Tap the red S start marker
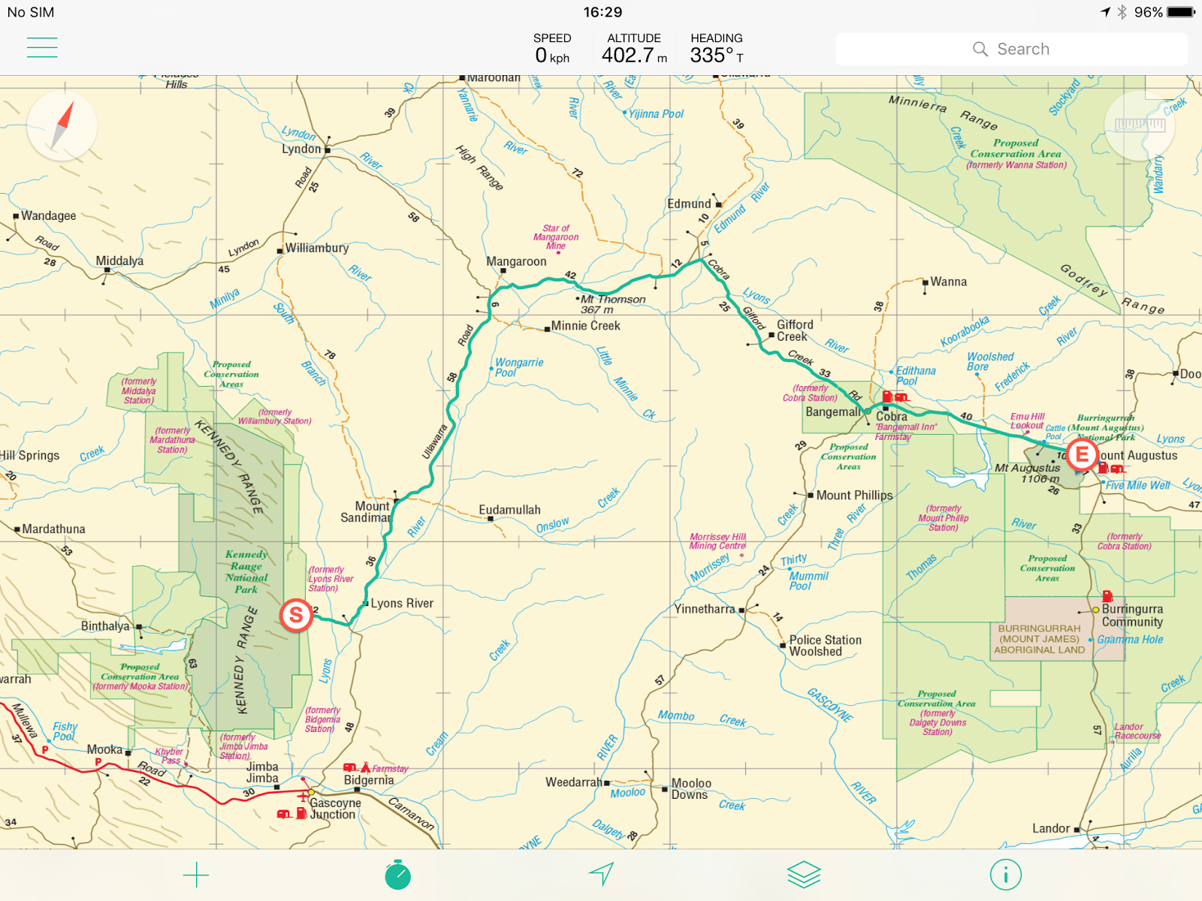pos(296,616)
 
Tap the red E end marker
pos(1082,454)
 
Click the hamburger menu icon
pos(42,47)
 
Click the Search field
pos(1011,49)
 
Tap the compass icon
pos(62,125)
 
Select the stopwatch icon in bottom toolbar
pos(397,875)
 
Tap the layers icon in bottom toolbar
pos(803,875)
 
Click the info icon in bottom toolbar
pos(1005,875)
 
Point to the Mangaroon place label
pos(516,261)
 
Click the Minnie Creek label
pos(585,326)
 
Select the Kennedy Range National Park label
pos(246,571)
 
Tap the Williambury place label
pos(317,248)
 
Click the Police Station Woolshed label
pos(825,646)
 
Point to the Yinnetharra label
pos(704,609)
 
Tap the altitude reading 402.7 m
pos(634,55)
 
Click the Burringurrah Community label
pos(1132,616)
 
